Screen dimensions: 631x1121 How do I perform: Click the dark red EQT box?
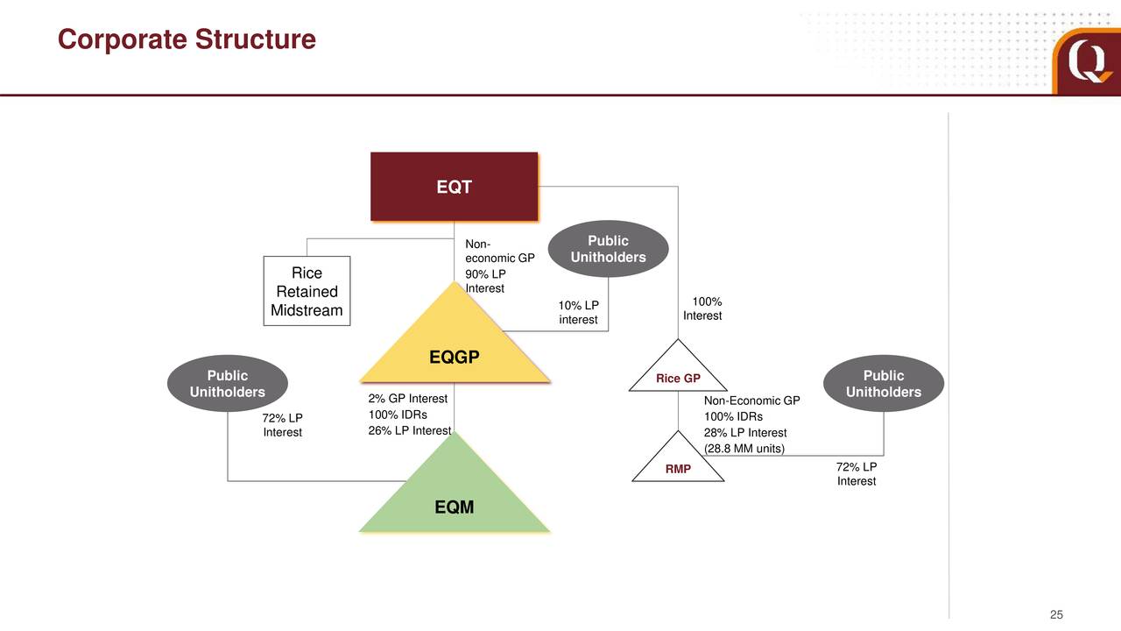pos(454,187)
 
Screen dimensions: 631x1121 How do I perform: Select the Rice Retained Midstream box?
pos(307,291)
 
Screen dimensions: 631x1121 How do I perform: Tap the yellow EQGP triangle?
pos(455,351)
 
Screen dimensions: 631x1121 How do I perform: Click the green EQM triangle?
pos(455,500)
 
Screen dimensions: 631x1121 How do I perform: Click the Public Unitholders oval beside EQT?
pos(608,249)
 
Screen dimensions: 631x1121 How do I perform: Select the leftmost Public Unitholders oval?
pos(227,384)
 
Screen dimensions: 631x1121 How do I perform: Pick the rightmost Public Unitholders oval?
pos(884,384)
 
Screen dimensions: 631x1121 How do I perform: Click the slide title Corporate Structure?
pos(187,39)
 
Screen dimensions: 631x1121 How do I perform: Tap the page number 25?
pos(1056,615)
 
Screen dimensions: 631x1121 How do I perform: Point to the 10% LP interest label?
pos(578,312)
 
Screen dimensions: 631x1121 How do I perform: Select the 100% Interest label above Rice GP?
pos(702,308)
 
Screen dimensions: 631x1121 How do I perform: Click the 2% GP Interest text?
pos(408,399)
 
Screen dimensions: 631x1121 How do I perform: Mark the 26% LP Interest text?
pos(410,430)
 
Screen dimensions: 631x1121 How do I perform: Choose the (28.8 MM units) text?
pos(744,449)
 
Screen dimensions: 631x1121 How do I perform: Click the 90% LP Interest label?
pos(485,281)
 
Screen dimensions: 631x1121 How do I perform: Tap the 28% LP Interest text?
pos(745,433)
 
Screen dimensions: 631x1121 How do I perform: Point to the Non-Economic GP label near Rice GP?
pos(751,401)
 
